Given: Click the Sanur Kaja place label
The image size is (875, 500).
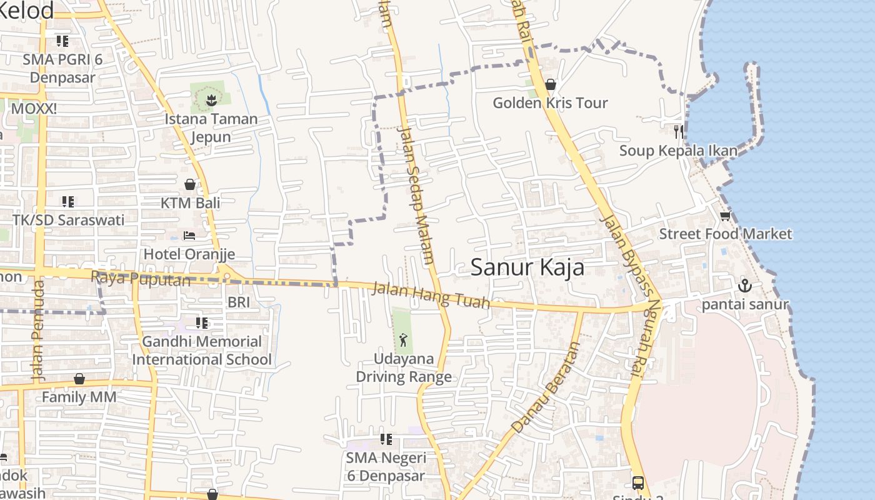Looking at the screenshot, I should [527, 267].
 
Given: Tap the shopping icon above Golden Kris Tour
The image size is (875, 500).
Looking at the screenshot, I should [551, 84].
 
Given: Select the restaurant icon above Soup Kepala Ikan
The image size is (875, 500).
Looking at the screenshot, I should [678, 131].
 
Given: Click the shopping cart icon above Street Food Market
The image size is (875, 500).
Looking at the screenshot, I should [725, 216].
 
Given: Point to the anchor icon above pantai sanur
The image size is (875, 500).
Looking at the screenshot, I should [744, 286].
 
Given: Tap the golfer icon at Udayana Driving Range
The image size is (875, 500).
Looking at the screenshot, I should [403, 341].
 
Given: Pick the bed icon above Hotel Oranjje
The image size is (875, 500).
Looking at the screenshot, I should [189, 236].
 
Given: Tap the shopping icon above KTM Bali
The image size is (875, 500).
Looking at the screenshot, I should [190, 184].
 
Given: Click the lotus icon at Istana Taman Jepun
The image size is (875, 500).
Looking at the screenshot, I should [211, 99].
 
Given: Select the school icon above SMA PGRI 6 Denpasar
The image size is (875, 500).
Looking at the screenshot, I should [62, 41].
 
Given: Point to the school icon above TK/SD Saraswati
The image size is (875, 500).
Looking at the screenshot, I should [68, 202].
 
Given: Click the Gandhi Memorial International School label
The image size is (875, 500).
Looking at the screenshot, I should [201, 351].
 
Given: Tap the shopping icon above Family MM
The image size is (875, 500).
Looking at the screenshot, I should [79, 379].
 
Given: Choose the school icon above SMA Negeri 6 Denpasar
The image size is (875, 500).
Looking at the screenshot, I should [386, 439].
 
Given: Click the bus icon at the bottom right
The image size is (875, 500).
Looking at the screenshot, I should [637, 482].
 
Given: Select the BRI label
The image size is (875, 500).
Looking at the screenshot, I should [238, 302].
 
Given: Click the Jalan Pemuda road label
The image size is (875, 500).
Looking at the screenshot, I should [38, 330].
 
